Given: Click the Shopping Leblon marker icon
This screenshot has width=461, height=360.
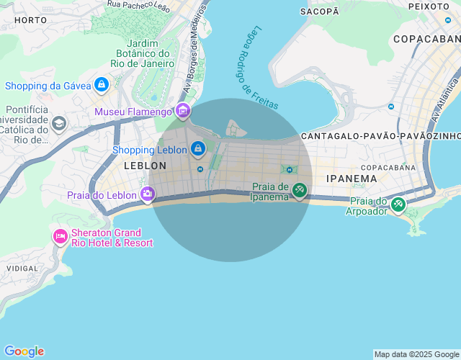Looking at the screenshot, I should click(198, 150).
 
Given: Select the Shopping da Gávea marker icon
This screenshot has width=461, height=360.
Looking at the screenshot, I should click(102, 86).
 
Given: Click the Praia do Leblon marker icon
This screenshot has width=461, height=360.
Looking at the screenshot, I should click(148, 194).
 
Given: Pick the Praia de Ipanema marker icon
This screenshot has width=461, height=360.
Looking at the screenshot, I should click(300, 191).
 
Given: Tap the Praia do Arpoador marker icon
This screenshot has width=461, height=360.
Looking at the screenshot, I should click(398, 204).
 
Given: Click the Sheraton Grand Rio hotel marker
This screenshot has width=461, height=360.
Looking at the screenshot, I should click(60, 236).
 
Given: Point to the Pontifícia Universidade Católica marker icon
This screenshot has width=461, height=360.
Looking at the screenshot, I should click(58, 124).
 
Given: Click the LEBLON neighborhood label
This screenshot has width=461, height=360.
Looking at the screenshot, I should click(145, 166).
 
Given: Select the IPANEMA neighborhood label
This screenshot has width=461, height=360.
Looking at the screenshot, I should click(352, 179).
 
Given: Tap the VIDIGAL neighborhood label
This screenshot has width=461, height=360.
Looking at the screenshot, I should click(22, 268).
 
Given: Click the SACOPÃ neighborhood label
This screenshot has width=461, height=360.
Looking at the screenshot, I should click(319, 12).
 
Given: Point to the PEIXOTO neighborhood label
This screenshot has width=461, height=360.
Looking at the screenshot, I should click(429, 6).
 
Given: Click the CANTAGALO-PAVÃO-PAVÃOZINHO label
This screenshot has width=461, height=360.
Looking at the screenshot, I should click(380, 136).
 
